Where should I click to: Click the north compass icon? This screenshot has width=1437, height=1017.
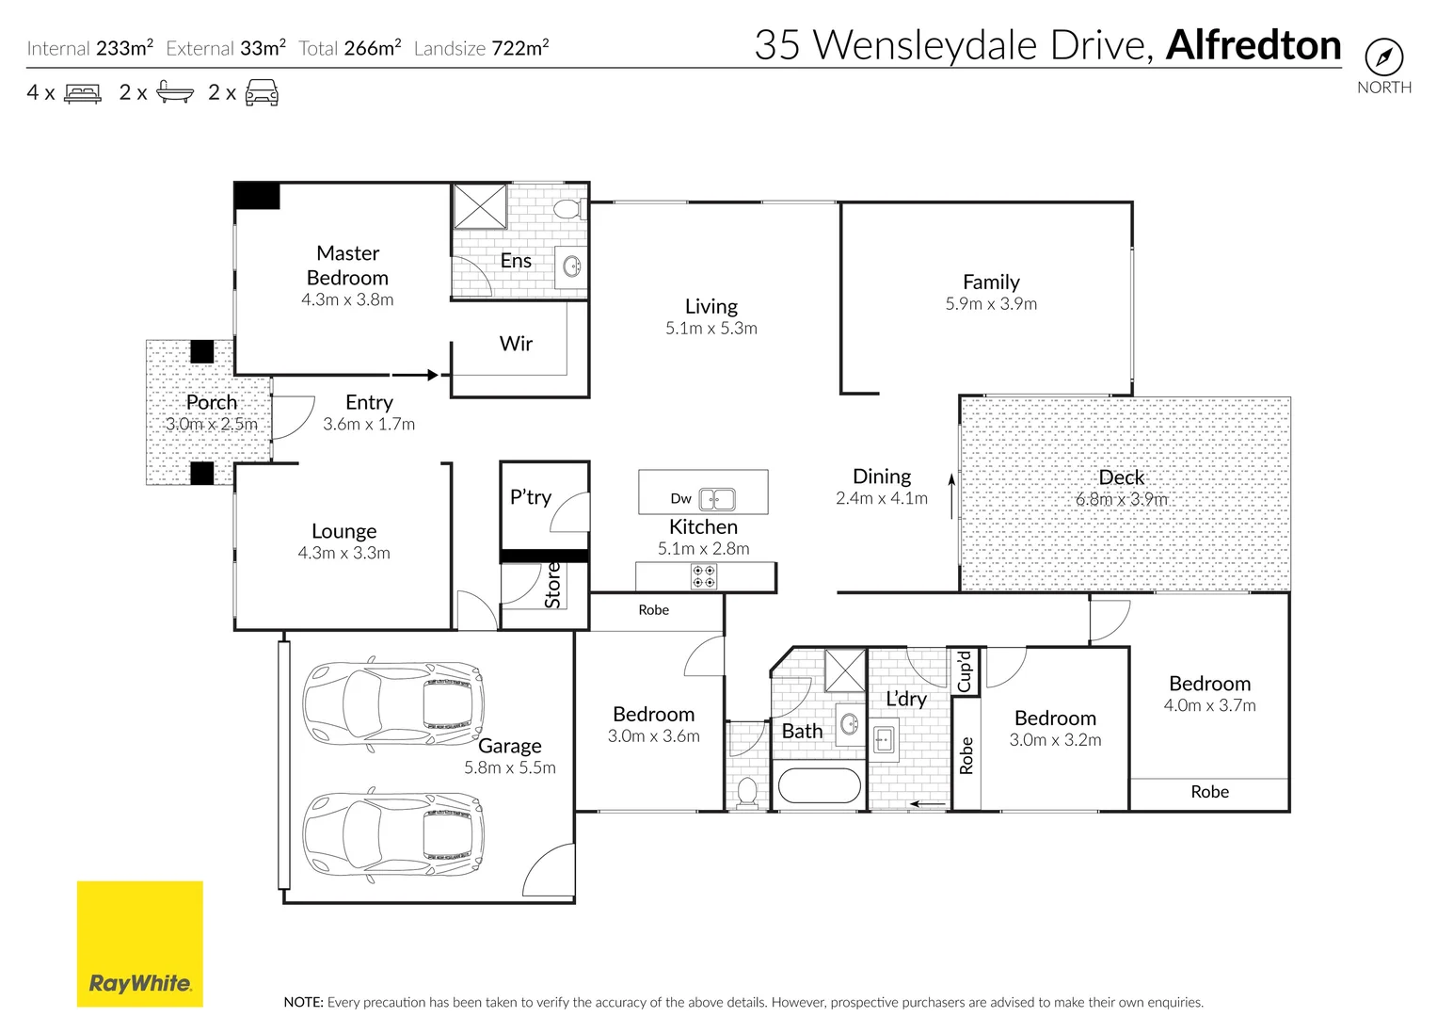click(1383, 57)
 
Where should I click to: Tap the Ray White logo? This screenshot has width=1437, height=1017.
click(139, 944)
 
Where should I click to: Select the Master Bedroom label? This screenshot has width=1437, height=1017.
click(347, 266)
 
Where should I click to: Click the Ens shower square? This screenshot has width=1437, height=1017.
click(480, 206)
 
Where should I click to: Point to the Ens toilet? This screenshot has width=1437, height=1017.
click(567, 208)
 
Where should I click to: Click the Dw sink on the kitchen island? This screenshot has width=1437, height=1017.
click(717, 499)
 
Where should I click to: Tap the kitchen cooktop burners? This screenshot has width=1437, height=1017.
click(704, 576)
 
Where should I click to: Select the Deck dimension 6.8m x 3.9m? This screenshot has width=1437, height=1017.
click(1122, 499)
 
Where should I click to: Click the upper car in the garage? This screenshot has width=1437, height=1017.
click(393, 703)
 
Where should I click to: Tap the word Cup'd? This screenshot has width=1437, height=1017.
click(965, 671)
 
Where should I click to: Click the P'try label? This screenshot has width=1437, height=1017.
click(531, 497)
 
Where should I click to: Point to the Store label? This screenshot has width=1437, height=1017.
click(553, 585)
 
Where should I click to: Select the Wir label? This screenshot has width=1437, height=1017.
click(516, 344)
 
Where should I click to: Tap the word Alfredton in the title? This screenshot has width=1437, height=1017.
click(1253, 45)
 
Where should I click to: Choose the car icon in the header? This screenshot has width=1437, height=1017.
click(262, 92)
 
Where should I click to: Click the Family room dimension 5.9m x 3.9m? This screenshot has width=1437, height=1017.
click(991, 304)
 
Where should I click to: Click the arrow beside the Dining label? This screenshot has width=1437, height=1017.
click(951, 496)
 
